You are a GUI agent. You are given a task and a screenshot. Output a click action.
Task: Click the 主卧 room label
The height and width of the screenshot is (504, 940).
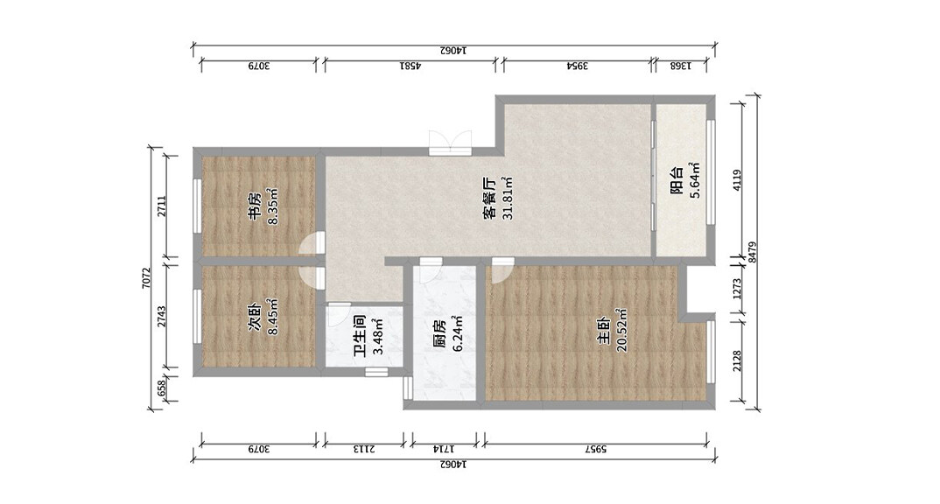pyautogui.click(x=603, y=330)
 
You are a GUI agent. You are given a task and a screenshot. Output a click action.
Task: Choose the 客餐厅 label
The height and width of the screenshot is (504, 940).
pyautogui.click(x=489, y=199)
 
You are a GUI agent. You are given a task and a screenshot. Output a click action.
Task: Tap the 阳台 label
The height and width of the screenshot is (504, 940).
pyautogui.click(x=677, y=180)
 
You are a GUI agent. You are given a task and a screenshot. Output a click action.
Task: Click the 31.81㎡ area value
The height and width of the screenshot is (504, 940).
pyautogui.click(x=507, y=199)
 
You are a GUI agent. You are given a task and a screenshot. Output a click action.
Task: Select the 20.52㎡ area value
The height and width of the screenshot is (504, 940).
pyautogui.click(x=621, y=330)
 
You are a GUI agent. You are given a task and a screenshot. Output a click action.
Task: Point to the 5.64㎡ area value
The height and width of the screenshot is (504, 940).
pyautogui.click(x=695, y=180)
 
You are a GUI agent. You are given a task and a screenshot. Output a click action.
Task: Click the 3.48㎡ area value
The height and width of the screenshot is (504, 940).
pyautogui.click(x=377, y=336)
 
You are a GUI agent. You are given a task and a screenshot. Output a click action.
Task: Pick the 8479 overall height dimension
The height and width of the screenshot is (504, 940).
pyautogui.click(x=753, y=252)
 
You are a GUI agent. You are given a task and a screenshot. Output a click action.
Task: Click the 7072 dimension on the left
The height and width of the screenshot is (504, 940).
pyautogui.click(x=145, y=278)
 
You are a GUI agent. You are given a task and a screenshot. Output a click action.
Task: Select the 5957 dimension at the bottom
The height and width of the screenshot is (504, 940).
pyautogui.click(x=594, y=448)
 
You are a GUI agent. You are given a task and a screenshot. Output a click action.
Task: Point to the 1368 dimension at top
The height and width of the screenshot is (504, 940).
pyautogui.click(x=680, y=66)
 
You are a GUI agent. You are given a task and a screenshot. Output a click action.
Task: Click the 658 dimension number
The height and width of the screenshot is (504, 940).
pyautogui.click(x=161, y=388)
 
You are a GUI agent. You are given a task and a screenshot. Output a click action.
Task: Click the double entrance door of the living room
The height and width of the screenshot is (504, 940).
pyautogui.click(x=450, y=143)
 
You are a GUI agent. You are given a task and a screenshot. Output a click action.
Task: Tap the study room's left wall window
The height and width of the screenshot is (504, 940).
pyautogui.click(x=196, y=205)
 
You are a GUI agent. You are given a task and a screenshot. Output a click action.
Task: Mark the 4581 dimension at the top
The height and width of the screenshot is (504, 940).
pyautogui.click(x=410, y=66)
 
